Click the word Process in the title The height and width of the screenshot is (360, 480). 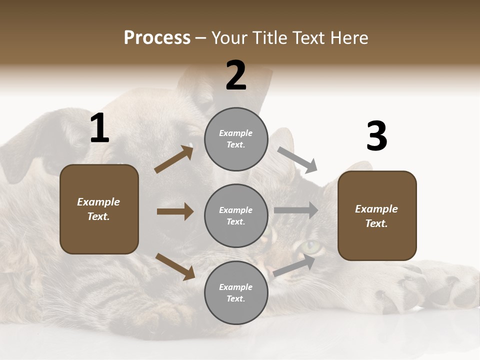coord(157,38)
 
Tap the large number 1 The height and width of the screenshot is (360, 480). coord(99,128)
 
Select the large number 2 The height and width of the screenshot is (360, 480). coord(236,75)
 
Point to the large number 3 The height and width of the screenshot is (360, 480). coord(376,136)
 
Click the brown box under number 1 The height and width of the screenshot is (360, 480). coord(99,209)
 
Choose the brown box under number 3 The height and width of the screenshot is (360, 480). coord(377,215)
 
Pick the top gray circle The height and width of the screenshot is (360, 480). coord(236,139)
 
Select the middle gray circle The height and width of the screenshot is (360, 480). coord(236,215)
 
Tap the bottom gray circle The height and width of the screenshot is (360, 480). coord(236,292)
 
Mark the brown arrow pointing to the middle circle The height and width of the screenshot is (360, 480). coord(175,211)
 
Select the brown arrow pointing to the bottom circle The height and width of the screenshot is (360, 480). coord(175,266)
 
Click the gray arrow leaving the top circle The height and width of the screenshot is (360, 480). coord(297,159)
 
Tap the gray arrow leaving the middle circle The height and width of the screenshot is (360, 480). coord(295,210)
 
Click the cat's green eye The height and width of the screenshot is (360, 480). coord(311,246)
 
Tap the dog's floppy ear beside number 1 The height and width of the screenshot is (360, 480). coord(30,145)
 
